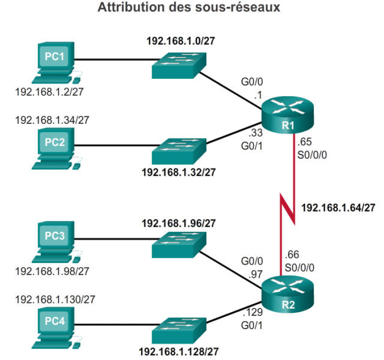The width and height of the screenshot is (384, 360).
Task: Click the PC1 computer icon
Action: [x=56, y=62]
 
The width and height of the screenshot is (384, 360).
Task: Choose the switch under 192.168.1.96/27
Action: [x=179, y=243]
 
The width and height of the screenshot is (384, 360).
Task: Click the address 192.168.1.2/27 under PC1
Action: [x=50, y=92]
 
